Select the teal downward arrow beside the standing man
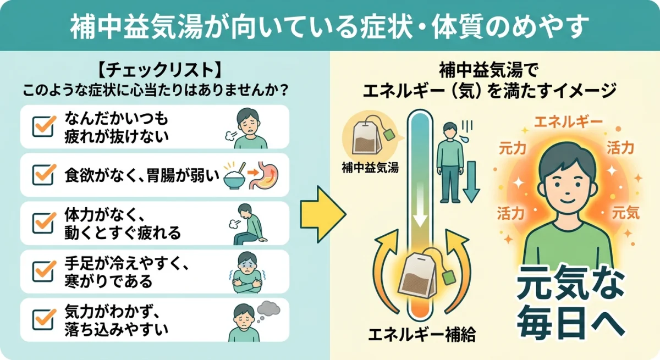click(471, 190)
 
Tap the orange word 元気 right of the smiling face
click(626, 213)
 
